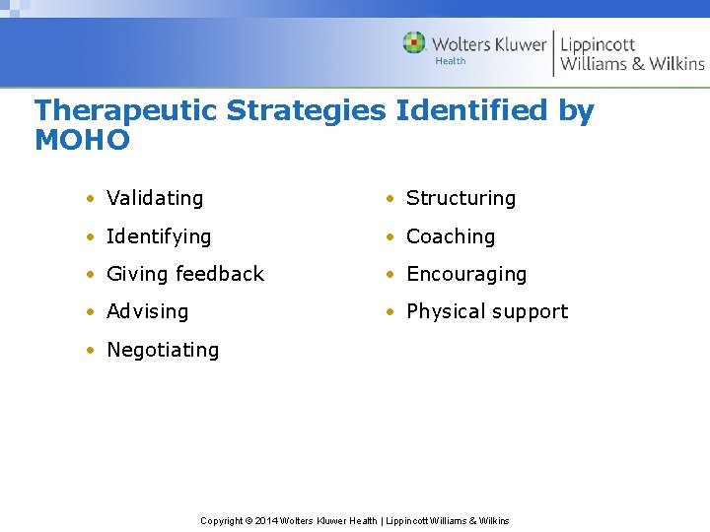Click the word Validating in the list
tap(155, 198)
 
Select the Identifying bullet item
tap(159, 236)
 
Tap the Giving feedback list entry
tap(185, 274)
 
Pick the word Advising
tap(147, 311)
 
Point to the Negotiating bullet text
tap(163, 350)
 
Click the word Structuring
tap(461, 198)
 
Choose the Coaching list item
tap(451, 236)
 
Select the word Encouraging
tap(466, 274)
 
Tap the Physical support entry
tap(487, 311)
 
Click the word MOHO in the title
tap(82, 141)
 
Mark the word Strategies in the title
tap(307, 110)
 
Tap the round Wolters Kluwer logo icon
tap(414, 43)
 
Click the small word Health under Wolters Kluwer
tap(451, 61)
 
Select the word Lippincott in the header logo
tap(598, 43)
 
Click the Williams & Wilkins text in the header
tap(632, 64)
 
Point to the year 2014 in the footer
tap(266, 520)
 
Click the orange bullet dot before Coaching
tap(391, 236)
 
